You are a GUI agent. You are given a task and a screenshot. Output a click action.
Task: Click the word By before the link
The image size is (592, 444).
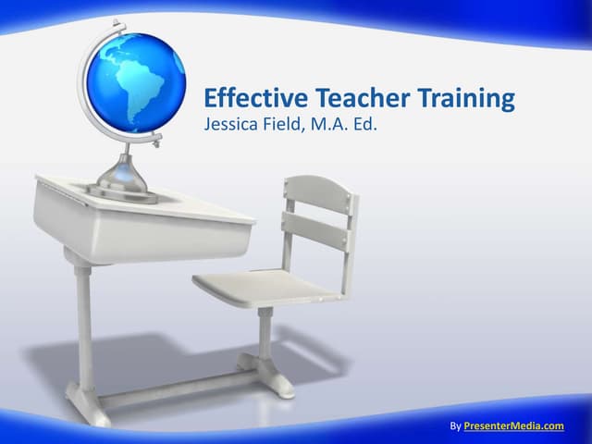[454, 425]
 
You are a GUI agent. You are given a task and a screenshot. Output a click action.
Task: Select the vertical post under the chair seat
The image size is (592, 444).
[265, 333]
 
